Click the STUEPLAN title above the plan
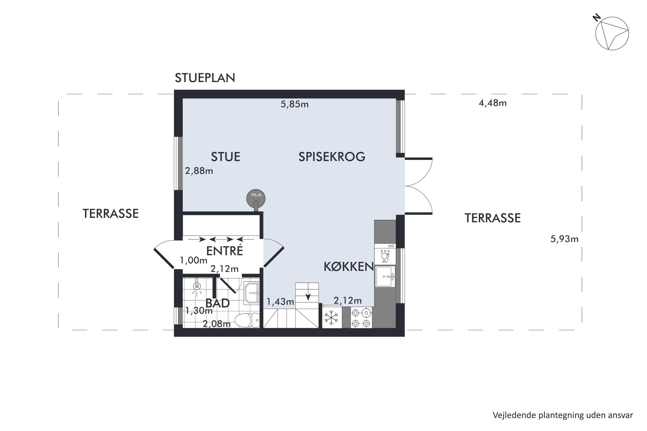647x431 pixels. tap(205, 78)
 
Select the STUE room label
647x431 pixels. tap(226, 157)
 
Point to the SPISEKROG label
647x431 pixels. tap(332, 157)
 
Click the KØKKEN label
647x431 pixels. tap(349, 267)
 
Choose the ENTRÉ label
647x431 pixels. tap(225, 251)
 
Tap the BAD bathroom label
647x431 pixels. tap(217, 303)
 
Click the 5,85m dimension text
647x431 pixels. tap(294, 104)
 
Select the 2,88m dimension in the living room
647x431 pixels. tap(199, 171)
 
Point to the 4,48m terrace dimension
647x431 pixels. tap(492, 103)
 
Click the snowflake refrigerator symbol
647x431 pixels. tap(331, 317)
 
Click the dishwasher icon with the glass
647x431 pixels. tap(385, 255)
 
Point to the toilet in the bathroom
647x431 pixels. tap(247, 320)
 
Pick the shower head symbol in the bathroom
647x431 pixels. tap(197, 286)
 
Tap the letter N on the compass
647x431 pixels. tap(596, 18)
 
